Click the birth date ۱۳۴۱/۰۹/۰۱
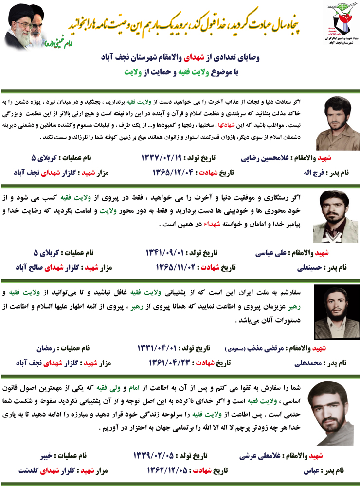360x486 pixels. tap(164, 253)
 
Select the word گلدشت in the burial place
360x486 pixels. tap(29, 470)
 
